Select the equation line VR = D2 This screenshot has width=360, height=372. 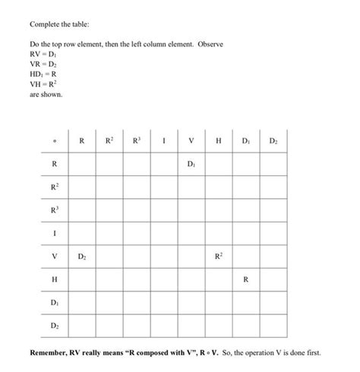point(42,66)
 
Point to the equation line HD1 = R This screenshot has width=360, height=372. point(43,76)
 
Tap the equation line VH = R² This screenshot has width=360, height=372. point(43,85)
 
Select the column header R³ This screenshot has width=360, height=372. point(136,140)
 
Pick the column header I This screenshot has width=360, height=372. point(163,140)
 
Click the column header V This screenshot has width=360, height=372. point(191,140)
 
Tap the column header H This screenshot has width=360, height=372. point(218,140)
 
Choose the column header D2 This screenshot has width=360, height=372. point(273,140)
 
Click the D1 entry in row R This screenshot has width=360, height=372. point(191,163)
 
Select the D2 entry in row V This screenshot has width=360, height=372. point(81,257)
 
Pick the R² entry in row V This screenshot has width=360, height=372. point(218,256)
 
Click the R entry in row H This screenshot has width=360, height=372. point(245,279)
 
